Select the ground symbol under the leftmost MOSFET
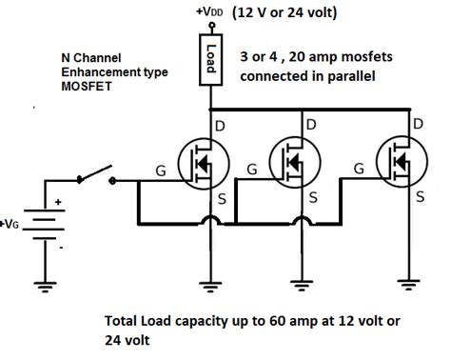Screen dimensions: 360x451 pos(211,283)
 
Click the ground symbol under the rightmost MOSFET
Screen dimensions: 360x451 pos(410,283)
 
